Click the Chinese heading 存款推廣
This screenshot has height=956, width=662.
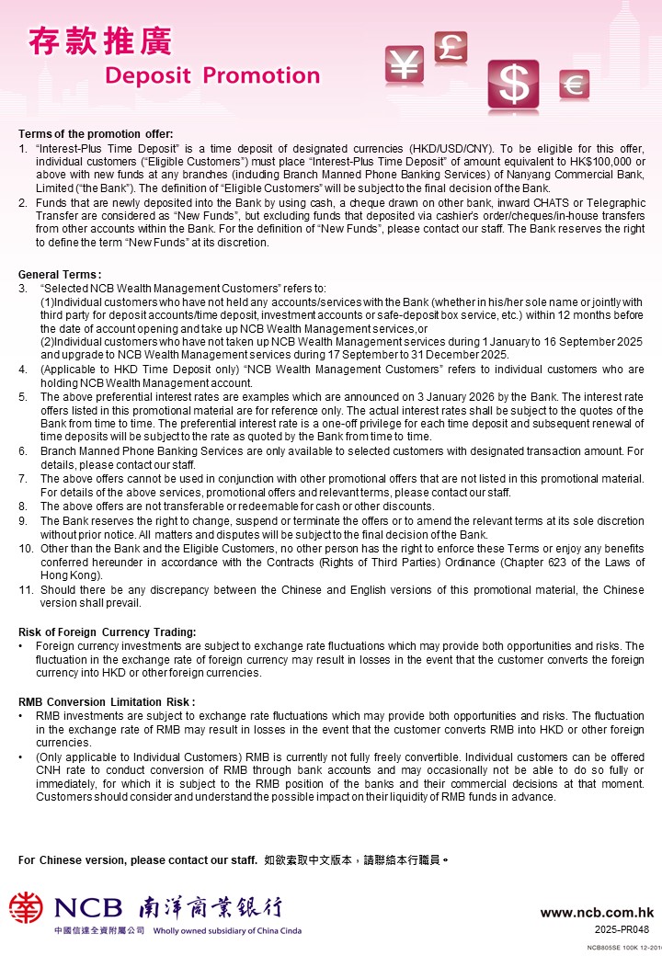tap(99, 41)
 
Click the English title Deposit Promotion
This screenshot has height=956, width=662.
tap(212, 75)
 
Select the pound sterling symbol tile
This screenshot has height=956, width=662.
tap(451, 49)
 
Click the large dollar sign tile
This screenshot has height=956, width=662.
tap(512, 85)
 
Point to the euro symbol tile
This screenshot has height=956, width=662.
tap(574, 85)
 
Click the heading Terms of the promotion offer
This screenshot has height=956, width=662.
tap(96, 134)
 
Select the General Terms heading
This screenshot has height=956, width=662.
tap(60, 275)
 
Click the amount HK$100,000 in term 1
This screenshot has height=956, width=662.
tap(606, 161)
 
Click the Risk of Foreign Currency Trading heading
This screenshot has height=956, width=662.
tap(108, 632)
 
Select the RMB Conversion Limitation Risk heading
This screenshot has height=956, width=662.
tap(107, 701)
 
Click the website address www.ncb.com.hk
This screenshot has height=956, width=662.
tap(597, 913)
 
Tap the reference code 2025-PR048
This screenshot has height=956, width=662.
tap(622, 929)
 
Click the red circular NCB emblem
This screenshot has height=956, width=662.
tap(26, 908)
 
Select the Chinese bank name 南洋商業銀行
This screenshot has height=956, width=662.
tap(210, 908)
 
